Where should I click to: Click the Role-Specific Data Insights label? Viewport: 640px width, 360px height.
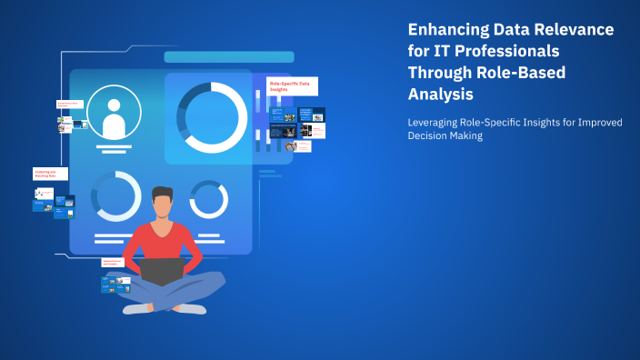pos(291,85)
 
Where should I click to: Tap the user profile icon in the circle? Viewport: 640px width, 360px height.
pos(115,114)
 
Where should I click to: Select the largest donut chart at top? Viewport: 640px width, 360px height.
pos(212,117)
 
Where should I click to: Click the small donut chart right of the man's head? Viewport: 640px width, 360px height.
pos(208,199)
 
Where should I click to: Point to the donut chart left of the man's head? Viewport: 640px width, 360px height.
pos(115,196)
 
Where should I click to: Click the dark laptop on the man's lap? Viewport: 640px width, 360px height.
pos(166,271)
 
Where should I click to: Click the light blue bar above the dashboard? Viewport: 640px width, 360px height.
pos(228,56)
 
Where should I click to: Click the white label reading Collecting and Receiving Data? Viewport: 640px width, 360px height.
pos(50,173)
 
